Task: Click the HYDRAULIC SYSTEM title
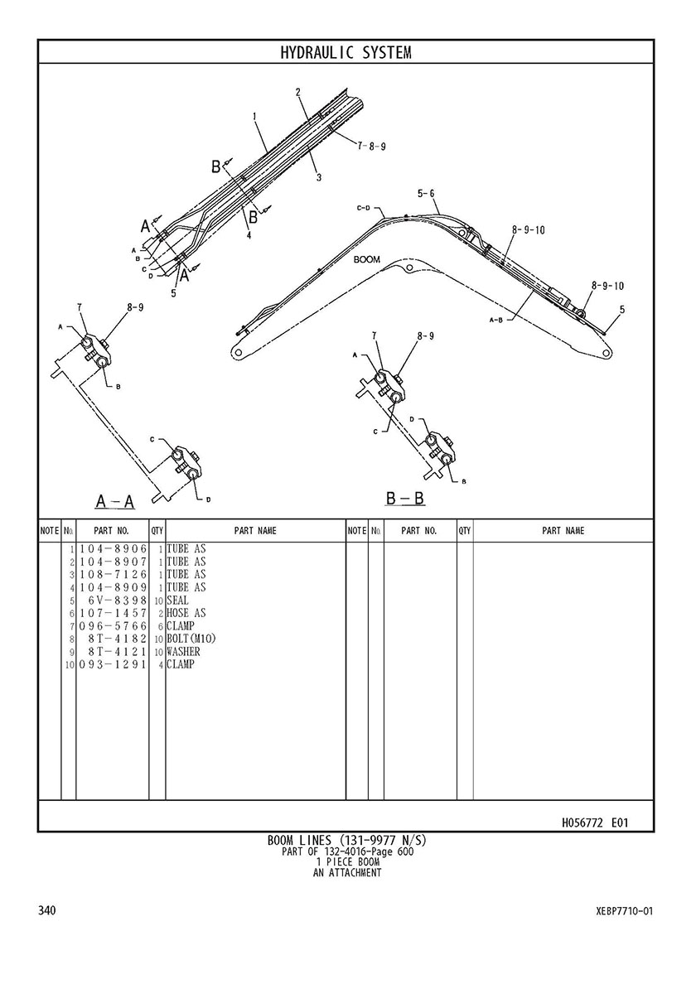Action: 346,53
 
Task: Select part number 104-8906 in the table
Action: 113,549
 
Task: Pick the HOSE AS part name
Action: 186,613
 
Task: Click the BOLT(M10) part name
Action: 191,639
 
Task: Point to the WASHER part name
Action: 183,651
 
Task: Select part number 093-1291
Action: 113,664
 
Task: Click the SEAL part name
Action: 177,601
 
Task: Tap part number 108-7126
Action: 113,575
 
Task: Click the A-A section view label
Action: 115,501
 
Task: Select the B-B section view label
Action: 405,499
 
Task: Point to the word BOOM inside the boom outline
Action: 366,259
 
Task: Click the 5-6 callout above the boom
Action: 426,194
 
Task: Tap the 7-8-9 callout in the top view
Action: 372,147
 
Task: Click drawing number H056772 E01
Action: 595,822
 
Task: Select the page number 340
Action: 47,910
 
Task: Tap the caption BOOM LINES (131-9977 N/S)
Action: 347,841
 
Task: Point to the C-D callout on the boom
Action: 364,207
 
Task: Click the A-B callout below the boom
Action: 496,321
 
